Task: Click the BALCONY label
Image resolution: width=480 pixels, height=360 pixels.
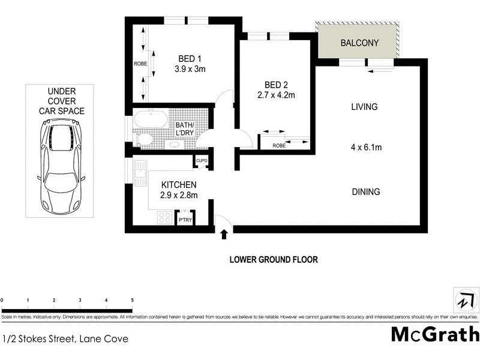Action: pyautogui.click(x=358, y=43)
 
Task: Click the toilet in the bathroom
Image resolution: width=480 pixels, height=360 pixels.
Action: pyautogui.click(x=144, y=139)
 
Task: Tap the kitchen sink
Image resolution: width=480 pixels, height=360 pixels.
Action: pyautogui.click(x=140, y=177)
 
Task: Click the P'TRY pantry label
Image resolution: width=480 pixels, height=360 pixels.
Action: pyautogui.click(x=185, y=221)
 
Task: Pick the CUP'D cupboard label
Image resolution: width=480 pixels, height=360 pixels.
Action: pyautogui.click(x=201, y=161)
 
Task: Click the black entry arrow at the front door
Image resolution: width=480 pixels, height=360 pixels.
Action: pyautogui.click(x=224, y=233)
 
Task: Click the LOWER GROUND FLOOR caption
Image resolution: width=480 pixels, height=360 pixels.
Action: pyautogui.click(x=274, y=260)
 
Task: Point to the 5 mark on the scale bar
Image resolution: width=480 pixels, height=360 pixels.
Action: pyautogui.click(x=132, y=299)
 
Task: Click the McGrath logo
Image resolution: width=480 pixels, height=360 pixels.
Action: pyautogui.click(x=435, y=334)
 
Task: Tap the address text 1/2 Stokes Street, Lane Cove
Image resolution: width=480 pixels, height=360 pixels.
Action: pyautogui.click(x=65, y=338)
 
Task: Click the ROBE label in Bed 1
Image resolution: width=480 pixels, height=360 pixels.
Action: pyautogui.click(x=140, y=63)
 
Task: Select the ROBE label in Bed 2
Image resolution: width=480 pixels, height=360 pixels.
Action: pyautogui.click(x=278, y=145)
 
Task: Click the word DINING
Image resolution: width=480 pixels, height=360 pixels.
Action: pyautogui.click(x=365, y=192)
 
